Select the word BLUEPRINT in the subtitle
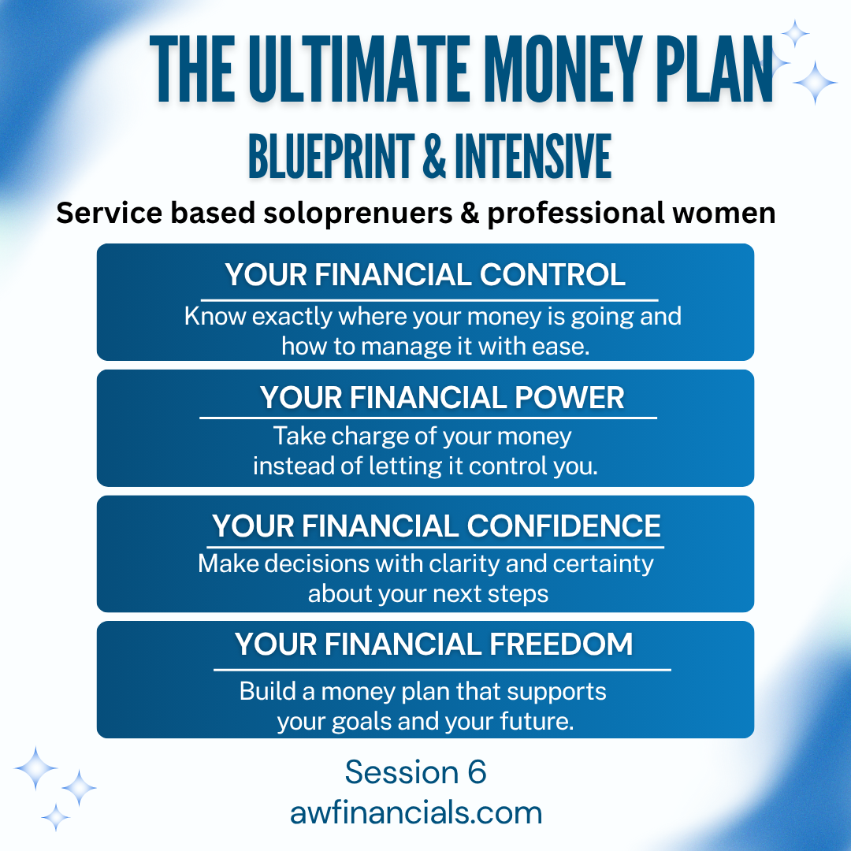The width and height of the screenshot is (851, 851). coord(332,157)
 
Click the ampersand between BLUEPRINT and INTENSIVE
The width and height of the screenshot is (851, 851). coord(434,157)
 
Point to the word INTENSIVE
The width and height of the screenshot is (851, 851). coord(533,157)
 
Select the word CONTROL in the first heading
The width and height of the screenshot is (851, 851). coord(552,275)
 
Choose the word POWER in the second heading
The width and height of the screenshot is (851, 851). coord(570,397)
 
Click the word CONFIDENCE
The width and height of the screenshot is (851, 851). coord(564,526)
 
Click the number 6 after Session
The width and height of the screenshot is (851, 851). coord(477,772)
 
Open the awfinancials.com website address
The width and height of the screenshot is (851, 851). coord(416,813)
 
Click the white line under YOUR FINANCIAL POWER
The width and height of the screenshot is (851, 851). coord(428,418)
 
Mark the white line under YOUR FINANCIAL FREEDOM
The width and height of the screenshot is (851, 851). coord(442,670)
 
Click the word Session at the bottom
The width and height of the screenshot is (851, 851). coord(402,772)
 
